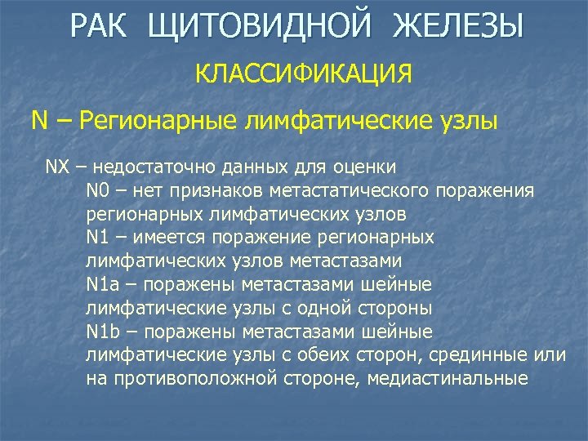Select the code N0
(98, 191)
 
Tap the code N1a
(103, 286)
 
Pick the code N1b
(104, 333)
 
